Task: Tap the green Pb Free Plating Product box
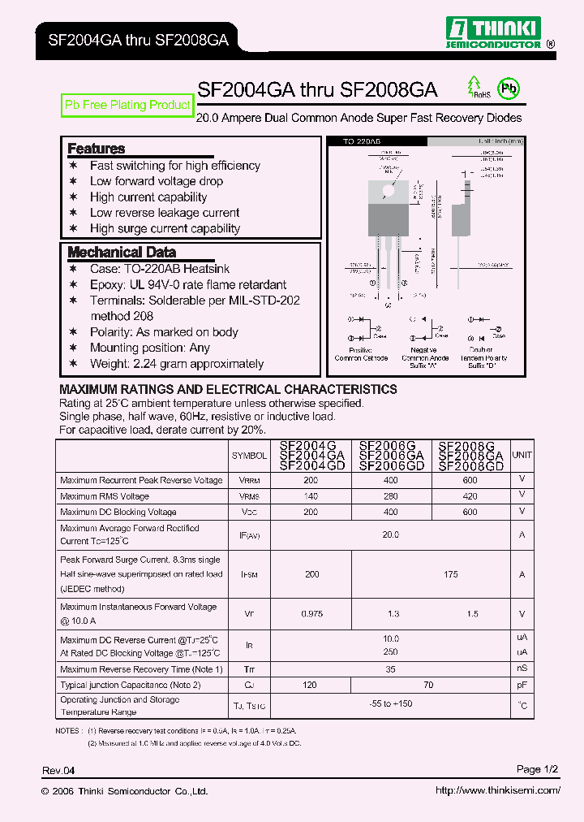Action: (127, 105)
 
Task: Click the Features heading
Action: (96, 149)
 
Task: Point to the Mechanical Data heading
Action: (121, 252)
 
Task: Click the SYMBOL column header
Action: (249, 456)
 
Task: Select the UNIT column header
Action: (522, 456)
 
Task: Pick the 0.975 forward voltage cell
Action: (311, 614)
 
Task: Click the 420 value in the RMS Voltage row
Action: (470, 496)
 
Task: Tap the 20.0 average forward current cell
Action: (391, 534)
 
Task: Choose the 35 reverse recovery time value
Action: (391, 669)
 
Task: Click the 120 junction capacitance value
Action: (311, 686)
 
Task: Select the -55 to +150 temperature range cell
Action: (391, 704)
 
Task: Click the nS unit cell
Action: (522, 669)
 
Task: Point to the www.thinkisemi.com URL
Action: (497, 790)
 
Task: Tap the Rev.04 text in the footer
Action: (58, 770)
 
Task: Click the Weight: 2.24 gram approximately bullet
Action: (176, 364)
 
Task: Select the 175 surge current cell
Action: (451, 574)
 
